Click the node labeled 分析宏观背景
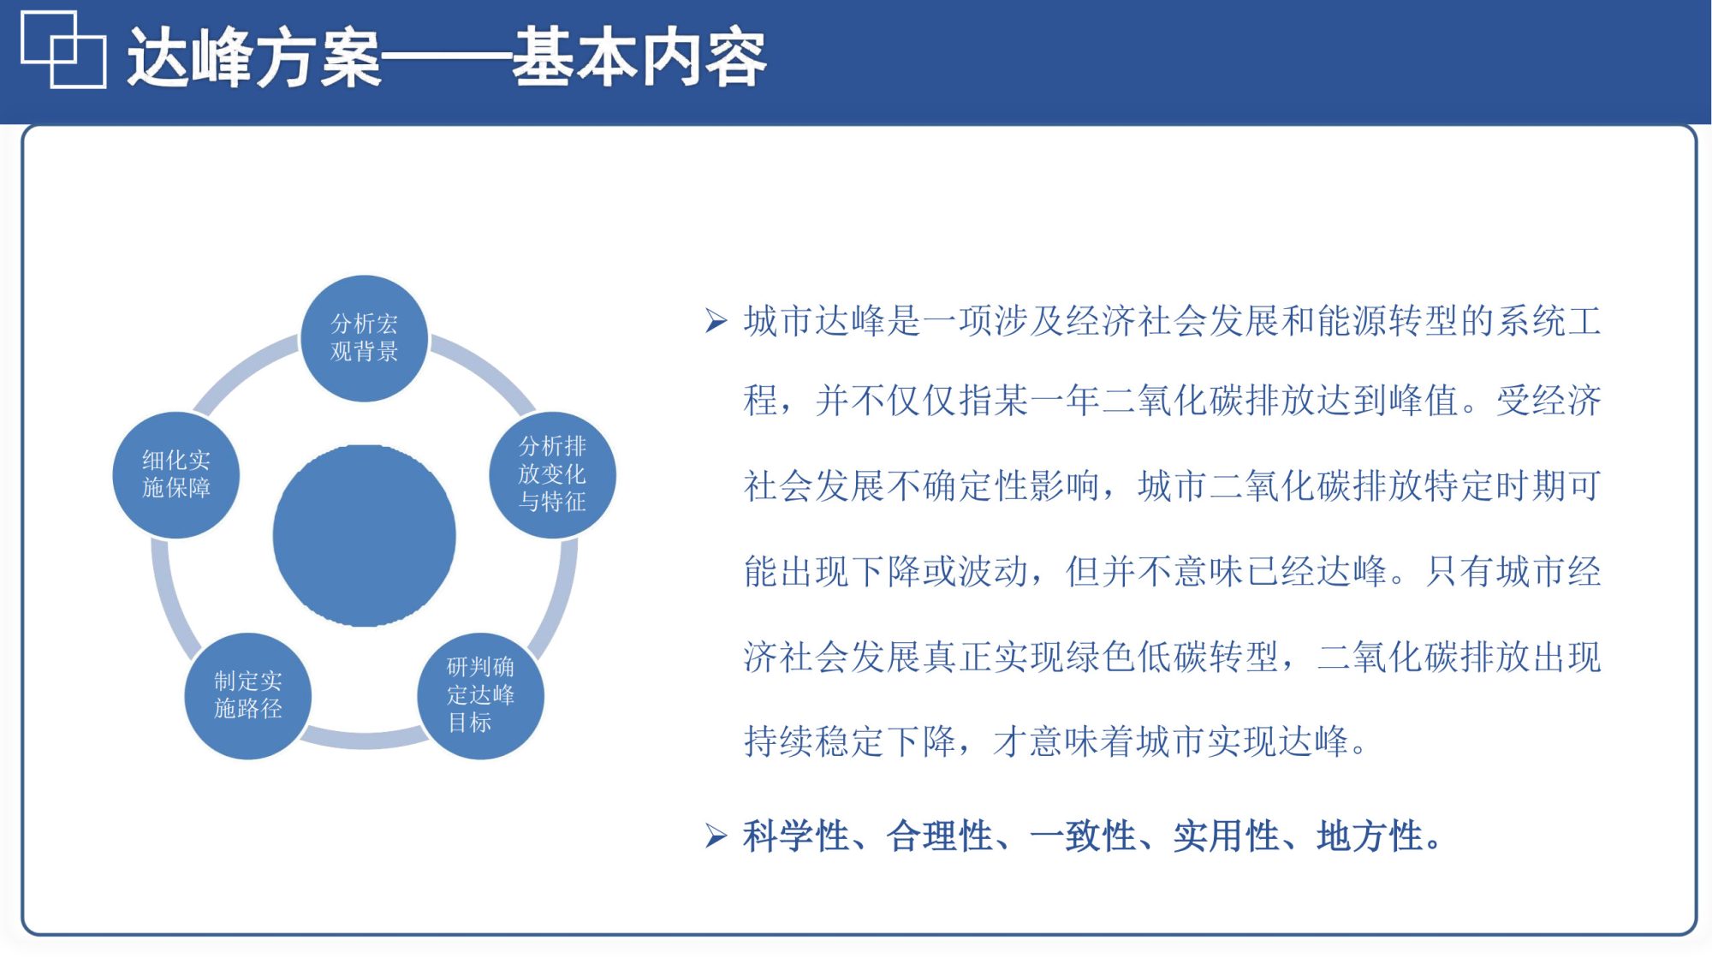[x=364, y=338]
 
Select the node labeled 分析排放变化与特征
[x=552, y=474]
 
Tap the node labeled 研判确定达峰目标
[x=480, y=695]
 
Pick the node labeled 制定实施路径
[x=247, y=695]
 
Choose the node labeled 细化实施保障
[x=175, y=474]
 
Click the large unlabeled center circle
[x=364, y=536]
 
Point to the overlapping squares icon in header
[x=63, y=50]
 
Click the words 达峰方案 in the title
[x=254, y=58]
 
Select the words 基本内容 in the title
[x=639, y=58]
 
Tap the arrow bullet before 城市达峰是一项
[x=716, y=321]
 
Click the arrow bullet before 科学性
[x=716, y=836]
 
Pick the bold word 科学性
[x=796, y=836]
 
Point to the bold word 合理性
[x=940, y=836]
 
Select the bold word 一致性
[x=1084, y=836]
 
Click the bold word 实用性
[x=1228, y=836]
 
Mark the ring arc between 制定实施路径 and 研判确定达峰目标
[x=364, y=739]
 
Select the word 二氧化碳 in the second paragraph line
[x=1174, y=401]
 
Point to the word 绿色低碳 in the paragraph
[x=1138, y=658]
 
